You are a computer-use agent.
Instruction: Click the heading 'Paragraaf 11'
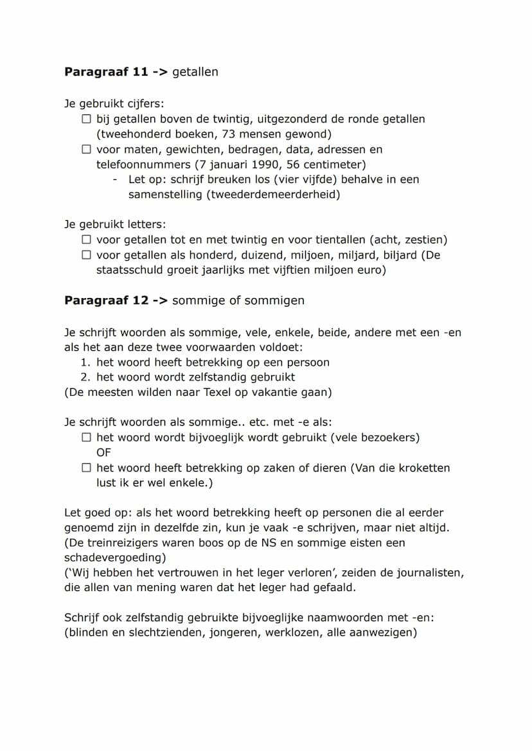pyautogui.click(x=107, y=72)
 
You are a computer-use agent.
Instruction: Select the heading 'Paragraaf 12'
pyautogui.click(x=107, y=300)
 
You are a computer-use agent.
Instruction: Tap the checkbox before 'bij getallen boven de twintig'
pyautogui.click(x=87, y=119)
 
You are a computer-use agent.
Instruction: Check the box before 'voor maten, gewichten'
pyautogui.click(x=87, y=150)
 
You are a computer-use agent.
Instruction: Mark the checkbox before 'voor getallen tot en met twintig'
pyautogui.click(x=87, y=240)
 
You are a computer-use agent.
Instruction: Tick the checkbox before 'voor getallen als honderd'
pyautogui.click(x=87, y=255)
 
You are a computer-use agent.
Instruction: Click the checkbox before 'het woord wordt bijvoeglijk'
pyautogui.click(x=87, y=437)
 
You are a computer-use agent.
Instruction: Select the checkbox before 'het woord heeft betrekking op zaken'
pyautogui.click(x=87, y=468)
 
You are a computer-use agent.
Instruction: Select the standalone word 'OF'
pyautogui.click(x=103, y=452)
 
